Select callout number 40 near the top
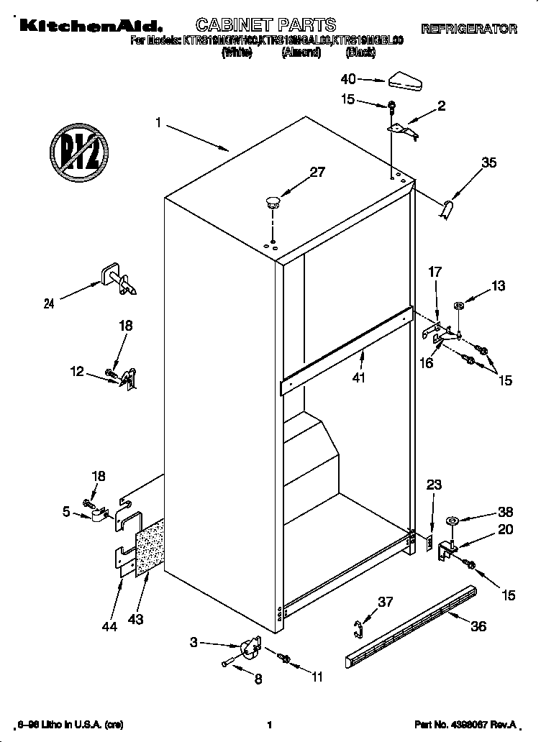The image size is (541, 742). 347,79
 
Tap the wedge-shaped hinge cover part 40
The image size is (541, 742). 406,81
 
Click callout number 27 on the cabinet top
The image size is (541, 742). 317,172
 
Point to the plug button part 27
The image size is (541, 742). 273,200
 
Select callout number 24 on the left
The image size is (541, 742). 48,303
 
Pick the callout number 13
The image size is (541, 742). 498,286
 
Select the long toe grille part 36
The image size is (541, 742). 410,625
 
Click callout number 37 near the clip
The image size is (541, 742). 386,602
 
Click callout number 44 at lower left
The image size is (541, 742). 109,627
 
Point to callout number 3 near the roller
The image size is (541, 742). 194,642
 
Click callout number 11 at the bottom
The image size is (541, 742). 317,676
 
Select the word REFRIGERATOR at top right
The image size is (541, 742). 468,29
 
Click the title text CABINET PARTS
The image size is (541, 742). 266,27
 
